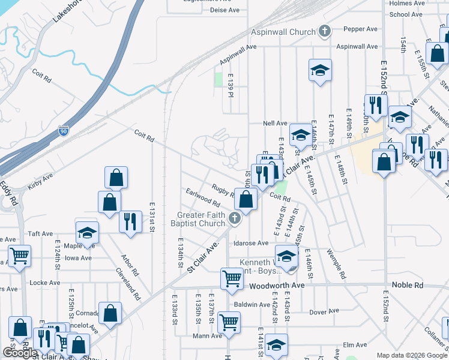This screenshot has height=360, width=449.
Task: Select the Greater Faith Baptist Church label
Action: click(201, 220)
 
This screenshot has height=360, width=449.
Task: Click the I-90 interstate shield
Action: click(63, 130)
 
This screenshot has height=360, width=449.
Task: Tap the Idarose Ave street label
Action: click(251, 243)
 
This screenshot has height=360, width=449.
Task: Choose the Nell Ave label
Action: click(275, 123)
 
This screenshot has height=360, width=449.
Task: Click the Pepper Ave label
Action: click(360, 28)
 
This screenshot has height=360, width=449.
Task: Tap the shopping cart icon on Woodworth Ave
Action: click(232, 278)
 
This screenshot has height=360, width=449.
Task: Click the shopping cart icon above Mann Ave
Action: click(229, 322)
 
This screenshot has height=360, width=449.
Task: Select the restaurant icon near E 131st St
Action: click(130, 221)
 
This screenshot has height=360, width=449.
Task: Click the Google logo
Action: click(20, 353)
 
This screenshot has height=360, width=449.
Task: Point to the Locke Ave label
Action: click(45, 283)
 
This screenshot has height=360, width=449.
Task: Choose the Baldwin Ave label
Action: click(252, 304)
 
